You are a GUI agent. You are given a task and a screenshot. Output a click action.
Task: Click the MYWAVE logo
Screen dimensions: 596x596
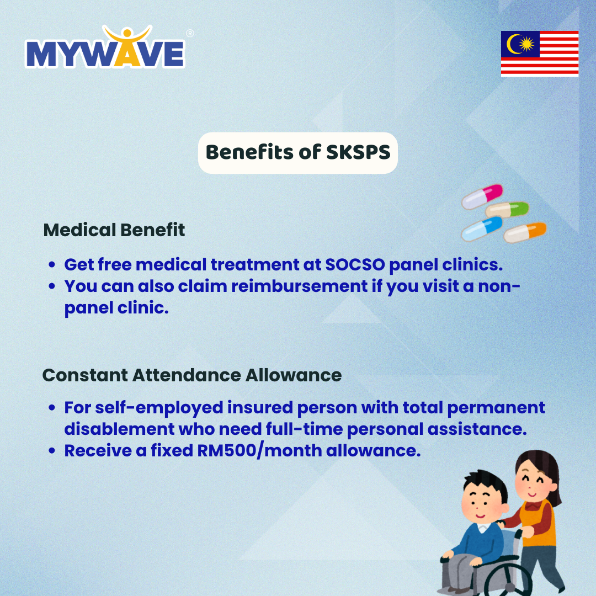[x=105, y=47]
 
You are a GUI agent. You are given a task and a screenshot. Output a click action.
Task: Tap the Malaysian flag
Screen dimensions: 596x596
[x=540, y=54]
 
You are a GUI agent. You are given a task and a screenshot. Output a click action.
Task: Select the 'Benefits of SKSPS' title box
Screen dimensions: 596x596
[x=298, y=153]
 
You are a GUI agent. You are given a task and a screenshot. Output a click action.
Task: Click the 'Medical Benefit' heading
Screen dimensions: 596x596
[x=114, y=230]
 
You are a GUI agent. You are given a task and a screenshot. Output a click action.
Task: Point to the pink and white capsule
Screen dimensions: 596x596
[x=482, y=197]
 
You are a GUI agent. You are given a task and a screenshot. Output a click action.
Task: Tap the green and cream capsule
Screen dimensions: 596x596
[x=507, y=210]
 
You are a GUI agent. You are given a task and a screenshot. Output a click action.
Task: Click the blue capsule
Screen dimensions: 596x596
[x=482, y=229]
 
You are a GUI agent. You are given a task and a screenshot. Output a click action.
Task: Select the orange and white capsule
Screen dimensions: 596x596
[x=525, y=232]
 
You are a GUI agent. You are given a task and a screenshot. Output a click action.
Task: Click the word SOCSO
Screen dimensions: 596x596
[x=355, y=265]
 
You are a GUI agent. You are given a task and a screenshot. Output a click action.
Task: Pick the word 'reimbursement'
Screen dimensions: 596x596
[x=300, y=286]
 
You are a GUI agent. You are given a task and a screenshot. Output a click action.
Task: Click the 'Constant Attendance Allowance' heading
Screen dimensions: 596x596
[x=192, y=376]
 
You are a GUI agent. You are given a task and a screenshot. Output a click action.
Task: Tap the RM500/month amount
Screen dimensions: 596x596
[x=259, y=451]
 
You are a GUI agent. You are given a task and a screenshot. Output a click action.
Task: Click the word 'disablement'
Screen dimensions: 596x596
[x=119, y=429]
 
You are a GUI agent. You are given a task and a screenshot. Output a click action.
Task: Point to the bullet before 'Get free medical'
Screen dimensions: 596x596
[x=52, y=265]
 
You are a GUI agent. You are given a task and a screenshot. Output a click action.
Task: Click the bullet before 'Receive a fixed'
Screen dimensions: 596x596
[x=52, y=451]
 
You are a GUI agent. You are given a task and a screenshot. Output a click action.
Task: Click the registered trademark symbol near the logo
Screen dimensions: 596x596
[x=190, y=34]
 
